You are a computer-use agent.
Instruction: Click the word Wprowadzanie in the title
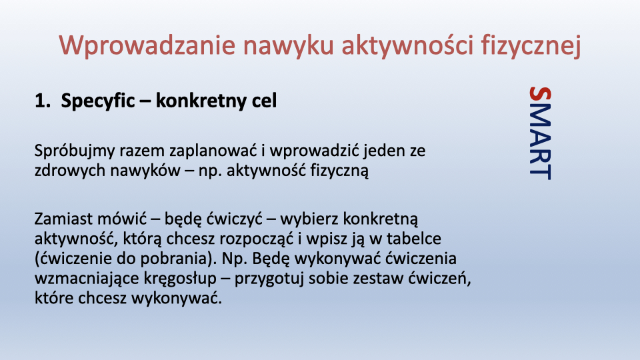(147, 46)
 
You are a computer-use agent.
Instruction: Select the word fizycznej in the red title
(531, 46)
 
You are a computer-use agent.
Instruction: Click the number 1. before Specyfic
(43, 101)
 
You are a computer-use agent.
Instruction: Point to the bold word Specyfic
(98, 101)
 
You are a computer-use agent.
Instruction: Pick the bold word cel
(264, 101)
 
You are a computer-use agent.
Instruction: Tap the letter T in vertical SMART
(540, 171)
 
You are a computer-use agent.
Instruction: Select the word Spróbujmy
(75, 151)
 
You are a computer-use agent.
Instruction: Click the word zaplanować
(213, 151)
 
